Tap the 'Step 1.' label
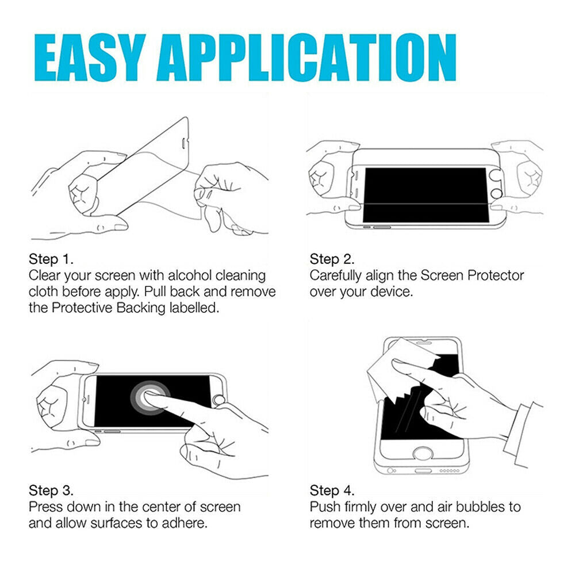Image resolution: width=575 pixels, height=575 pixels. [51, 259]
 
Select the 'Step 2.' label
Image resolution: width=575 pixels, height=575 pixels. [332, 259]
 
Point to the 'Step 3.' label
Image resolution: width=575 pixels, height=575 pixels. [51, 491]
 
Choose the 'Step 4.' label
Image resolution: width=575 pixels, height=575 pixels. [332, 491]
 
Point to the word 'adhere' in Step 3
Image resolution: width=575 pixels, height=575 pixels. [185, 523]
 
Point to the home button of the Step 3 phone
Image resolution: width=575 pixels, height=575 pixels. [218, 400]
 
